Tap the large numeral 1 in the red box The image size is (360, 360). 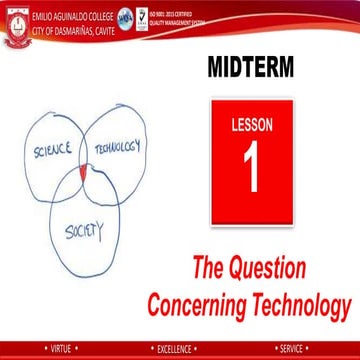(252, 167)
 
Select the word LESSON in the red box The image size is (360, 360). (252, 125)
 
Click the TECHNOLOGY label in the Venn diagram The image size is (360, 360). (118, 147)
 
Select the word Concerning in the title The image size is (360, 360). (199, 301)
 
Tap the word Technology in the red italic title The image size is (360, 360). (304, 301)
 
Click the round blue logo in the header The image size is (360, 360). (128, 18)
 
